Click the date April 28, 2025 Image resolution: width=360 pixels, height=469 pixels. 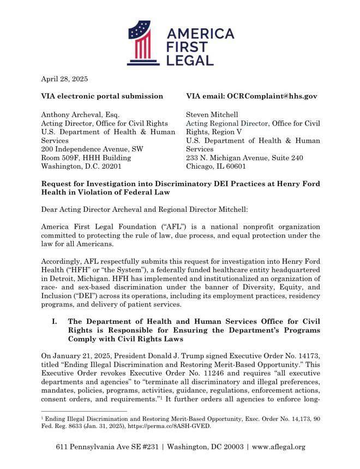click(64, 79)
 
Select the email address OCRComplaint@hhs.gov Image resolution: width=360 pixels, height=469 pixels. click(272, 96)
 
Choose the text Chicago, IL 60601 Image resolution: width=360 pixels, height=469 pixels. click(216, 167)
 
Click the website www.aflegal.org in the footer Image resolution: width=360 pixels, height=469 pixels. click(279, 447)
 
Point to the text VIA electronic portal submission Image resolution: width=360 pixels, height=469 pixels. click(102, 96)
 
